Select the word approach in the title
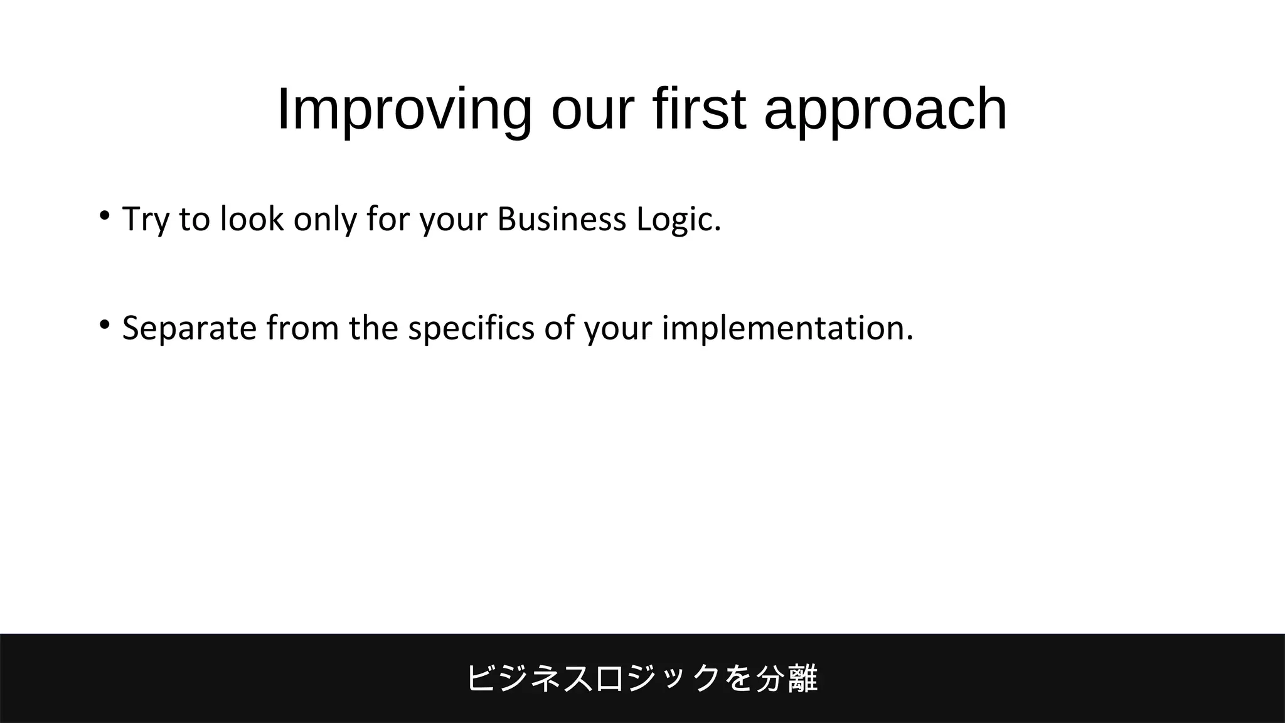[x=885, y=110]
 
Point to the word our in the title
[x=592, y=110]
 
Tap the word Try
[x=146, y=220]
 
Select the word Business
[x=562, y=219]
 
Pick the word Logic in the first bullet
[x=678, y=220]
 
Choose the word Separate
[x=189, y=328]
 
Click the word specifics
[x=471, y=328]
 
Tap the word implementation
[x=787, y=328]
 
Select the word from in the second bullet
[x=302, y=328]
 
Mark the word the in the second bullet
[x=373, y=328]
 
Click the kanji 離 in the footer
[x=803, y=678]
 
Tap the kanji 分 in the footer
[x=770, y=678]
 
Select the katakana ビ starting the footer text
[x=482, y=678]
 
